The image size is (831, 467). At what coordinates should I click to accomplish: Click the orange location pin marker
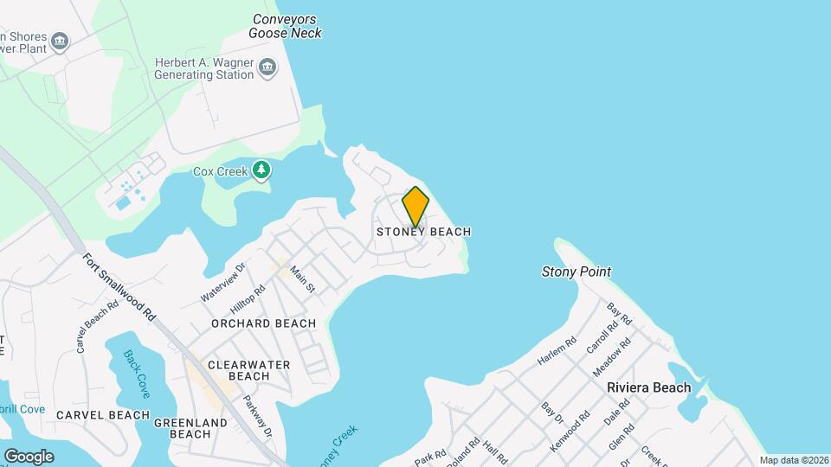415,206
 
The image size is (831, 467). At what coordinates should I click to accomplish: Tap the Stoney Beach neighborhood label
423,232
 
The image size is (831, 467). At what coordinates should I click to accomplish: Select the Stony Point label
576,272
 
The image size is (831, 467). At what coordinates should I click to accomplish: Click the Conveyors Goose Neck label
285,26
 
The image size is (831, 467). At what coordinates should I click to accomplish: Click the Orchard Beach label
264,323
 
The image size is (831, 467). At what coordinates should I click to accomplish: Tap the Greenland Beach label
190,428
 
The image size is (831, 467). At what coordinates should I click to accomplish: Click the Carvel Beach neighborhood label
103,415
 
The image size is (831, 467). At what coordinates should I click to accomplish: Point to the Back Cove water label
136,374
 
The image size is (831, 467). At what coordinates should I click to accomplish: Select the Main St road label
301,278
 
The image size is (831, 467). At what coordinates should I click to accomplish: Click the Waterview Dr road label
223,282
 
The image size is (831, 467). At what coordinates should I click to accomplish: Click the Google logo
29,456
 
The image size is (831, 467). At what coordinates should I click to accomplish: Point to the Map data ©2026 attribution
793,460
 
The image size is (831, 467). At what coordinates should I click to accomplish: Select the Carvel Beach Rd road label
97,326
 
